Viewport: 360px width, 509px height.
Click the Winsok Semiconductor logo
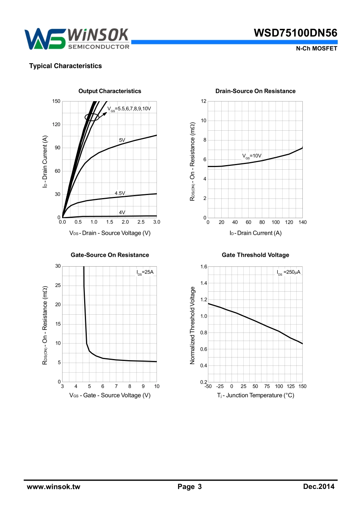(x=77, y=39)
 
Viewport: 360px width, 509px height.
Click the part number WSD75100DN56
(x=295, y=33)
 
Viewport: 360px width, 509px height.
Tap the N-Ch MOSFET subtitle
(x=316, y=48)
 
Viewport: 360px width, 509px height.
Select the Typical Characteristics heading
(x=66, y=66)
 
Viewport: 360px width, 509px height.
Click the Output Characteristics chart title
(x=110, y=91)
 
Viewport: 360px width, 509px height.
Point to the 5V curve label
(x=122, y=140)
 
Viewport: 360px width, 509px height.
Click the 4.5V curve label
(x=120, y=193)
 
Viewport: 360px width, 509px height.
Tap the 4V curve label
(x=122, y=212)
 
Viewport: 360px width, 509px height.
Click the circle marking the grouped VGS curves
(x=92, y=117)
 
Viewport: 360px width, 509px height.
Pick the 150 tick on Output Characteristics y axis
(x=56, y=101)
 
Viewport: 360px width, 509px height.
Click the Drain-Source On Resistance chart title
(x=255, y=91)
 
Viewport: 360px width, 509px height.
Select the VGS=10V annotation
(x=252, y=156)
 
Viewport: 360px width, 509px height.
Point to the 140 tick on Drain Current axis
(x=302, y=222)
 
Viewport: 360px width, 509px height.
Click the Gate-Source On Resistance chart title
(x=110, y=255)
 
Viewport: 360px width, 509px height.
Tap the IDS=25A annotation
(x=145, y=272)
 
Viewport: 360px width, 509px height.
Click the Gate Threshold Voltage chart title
(x=255, y=255)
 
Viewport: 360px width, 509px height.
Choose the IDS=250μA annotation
(x=288, y=272)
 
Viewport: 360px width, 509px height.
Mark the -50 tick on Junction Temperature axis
(x=208, y=386)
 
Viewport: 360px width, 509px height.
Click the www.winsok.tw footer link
(x=53, y=487)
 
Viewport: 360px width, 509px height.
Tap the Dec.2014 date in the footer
(x=319, y=487)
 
